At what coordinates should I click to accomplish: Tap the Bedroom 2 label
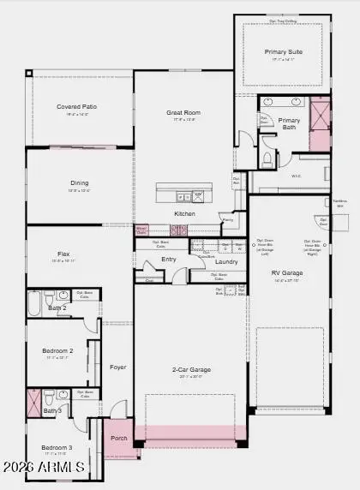(58, 351)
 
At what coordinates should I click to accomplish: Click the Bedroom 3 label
(57, 448)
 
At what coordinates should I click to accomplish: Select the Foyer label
(118, 367)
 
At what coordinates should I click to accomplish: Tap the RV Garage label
(287, 273)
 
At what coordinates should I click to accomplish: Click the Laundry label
(226, 261)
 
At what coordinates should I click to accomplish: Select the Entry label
(169, 259)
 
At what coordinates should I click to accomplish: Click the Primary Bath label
(290, 124)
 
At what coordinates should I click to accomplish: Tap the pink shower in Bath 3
(34, 403)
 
